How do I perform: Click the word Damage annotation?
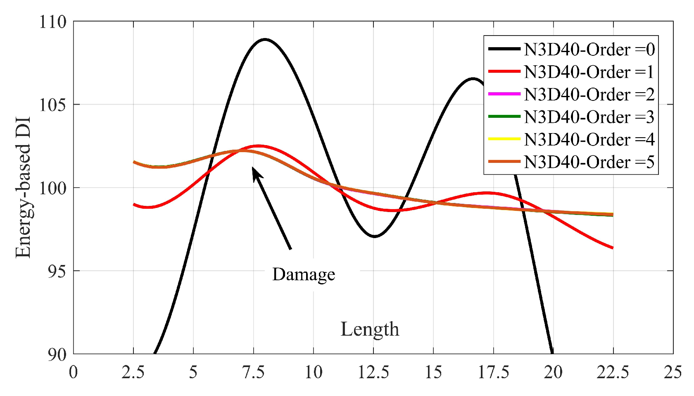(304, 274)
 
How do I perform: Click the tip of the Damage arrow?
(253, 167)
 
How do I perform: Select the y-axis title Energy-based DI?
(23, 188)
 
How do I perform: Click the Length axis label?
(370, 329)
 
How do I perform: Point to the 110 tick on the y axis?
(53, 22)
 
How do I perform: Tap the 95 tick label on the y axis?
(57, 272)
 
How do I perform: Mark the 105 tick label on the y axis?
(53, 105)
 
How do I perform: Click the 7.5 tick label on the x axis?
(253, 372)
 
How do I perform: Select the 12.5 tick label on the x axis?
(373, 372)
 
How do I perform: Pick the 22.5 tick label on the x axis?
(613, 372)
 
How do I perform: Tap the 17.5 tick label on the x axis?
(493, 372)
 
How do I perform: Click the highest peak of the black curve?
(265, 40)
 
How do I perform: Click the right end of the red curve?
(613, 248)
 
